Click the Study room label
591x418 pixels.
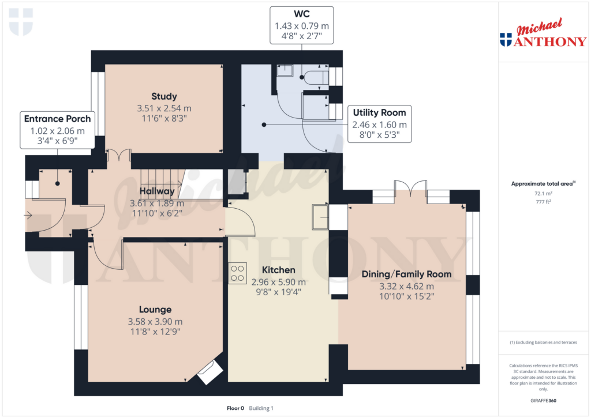(x=164, y=96)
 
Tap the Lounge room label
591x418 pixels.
(x=155, y=310)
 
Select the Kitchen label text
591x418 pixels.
(x=278, y=270)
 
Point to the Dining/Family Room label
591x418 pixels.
(x=406, y=274)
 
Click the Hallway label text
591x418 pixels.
(x=156, y=191)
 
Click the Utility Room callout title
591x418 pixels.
(x=379, y=112)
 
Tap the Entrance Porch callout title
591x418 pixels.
(x=57, y=119)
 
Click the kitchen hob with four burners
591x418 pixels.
(x=237, y=273)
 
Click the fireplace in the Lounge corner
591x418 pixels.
(x=210, y=372)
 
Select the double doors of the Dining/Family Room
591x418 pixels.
(x=410, y=188)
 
